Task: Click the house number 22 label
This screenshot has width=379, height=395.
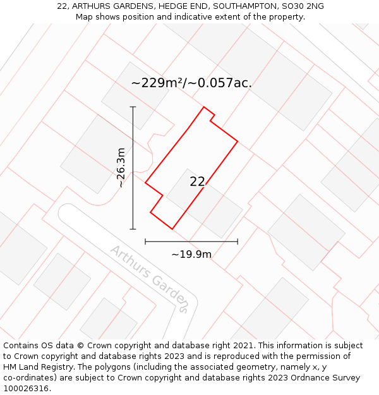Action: [x=197, y=182]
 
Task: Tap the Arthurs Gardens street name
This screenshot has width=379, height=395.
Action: [x=149, y=279]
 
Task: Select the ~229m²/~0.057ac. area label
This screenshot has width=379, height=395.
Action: [x=191, y=83]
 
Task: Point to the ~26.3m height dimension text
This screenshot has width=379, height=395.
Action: [x=121, y=168]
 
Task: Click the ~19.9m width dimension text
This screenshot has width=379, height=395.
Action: [x=191, y=254]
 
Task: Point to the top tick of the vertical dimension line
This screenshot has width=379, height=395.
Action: [x=133, y=107]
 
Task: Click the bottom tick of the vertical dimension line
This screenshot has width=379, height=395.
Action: [x=133, y=229]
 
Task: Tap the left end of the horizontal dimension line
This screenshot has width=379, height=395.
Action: [x=145, y=241]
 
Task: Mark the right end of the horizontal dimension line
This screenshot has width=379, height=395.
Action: [x=238, y=241]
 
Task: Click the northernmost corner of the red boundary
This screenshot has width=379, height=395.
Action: [x=204, y=107]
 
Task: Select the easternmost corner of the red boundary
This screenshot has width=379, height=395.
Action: [x=238, y=141]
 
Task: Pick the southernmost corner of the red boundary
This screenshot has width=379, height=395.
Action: [x=172, y=229]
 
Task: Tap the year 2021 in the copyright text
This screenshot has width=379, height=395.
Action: [x=243, y=346]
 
